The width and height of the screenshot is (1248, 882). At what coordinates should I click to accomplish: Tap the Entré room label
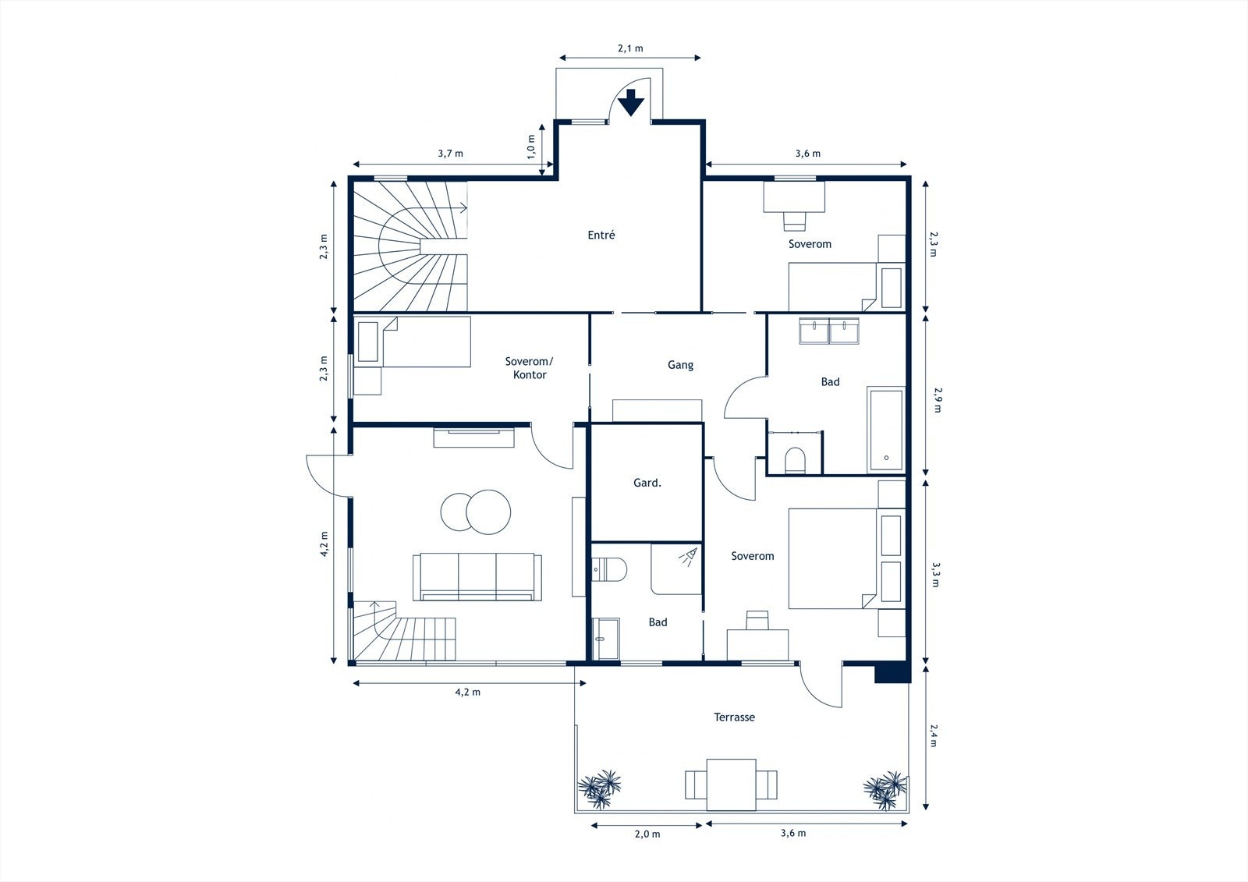(x=601, y=236)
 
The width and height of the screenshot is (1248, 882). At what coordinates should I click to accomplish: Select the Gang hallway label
(x=680, y=366)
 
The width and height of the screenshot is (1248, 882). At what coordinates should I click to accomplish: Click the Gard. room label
(x=647, y=483)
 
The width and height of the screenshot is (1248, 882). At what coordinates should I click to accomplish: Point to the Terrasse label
(x=734, y=717)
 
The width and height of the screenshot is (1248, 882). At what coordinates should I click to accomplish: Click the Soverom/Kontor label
(x=530, y=368)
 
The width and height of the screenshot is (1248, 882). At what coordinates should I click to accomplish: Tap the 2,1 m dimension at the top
(x=630, y=48)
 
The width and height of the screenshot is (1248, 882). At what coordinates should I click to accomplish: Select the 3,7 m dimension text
(x=450, y=153)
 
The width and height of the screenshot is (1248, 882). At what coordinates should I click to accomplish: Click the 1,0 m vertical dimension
(x=531, y=147)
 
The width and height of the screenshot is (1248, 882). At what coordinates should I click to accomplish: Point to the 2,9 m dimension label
(x=937, y=400)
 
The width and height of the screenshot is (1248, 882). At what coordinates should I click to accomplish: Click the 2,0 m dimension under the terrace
(x=647, y=834)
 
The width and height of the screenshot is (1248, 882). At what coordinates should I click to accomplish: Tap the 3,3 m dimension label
(x=935, y=575)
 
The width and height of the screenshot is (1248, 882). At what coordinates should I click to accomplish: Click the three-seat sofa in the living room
(x=477, y=576)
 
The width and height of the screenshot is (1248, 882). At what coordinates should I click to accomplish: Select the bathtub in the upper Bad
(x=886, y=430)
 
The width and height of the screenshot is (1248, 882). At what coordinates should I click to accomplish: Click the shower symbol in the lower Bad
(x=689, y=557)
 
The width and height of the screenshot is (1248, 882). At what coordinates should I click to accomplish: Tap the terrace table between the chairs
(x=732, y=785)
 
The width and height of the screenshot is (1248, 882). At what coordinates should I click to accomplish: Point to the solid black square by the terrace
(x=892, y=672)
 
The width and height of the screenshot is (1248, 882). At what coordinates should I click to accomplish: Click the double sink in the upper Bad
(x=829, y=331)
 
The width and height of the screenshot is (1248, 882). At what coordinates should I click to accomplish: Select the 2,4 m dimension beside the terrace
(x=934, y=735)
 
